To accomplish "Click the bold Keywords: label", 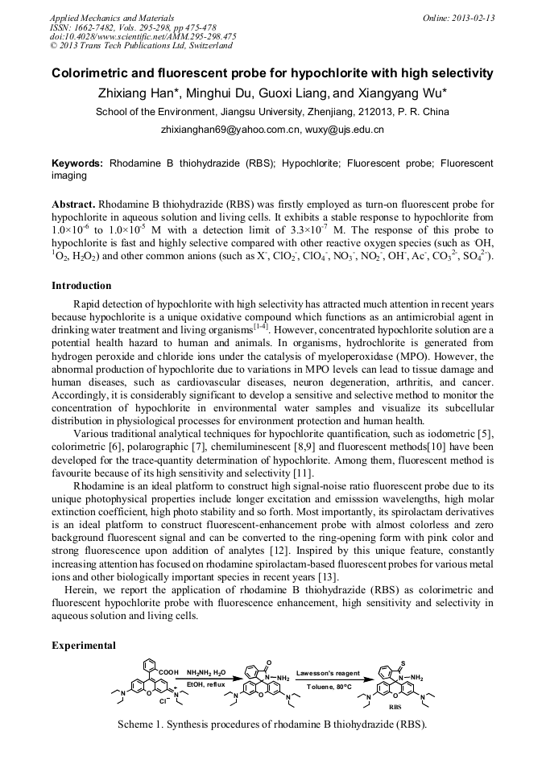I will tap(77, 163).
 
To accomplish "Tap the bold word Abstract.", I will tap(74, 205).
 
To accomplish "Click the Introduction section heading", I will tap(81, 286).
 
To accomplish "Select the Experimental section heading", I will tap(84, 645).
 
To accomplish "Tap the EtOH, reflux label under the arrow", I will tap(206, 685).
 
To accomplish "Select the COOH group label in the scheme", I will tap(168, 671).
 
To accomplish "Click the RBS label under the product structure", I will tap(395, 706).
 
